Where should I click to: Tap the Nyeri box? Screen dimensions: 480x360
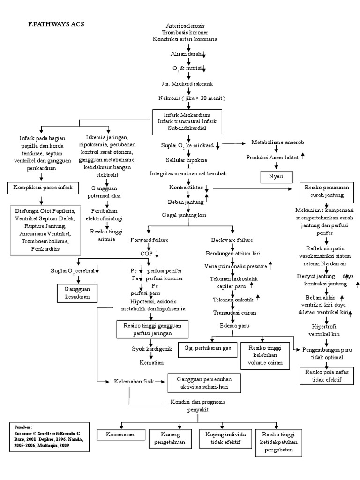coord(277,177)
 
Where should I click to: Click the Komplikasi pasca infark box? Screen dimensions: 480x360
coord(43,188)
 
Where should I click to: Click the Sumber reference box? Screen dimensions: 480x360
coord(49,437)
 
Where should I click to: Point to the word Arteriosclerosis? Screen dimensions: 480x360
coord(185,25)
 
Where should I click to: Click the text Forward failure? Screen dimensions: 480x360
coord(149,240)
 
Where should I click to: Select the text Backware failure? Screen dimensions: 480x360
coord(232,240)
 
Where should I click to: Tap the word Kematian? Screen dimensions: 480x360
coord(151,363)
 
